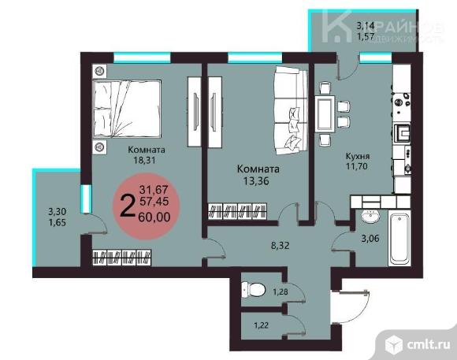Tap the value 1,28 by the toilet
pos(281,293)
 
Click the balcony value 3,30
pos(56,211)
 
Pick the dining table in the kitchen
pos(325,109)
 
